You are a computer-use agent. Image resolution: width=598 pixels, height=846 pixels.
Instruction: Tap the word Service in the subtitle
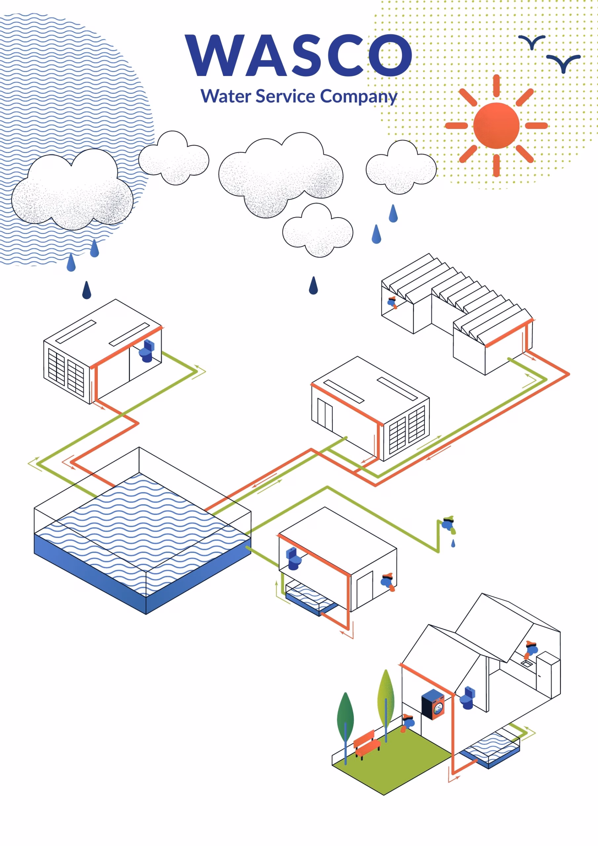coord(285,96)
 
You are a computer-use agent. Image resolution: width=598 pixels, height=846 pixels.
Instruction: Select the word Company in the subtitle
coord(358,97)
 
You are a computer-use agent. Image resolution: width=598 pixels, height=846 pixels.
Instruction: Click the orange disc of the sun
coord(496,126)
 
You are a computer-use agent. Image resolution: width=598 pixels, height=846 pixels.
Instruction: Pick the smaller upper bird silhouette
coord(532,42)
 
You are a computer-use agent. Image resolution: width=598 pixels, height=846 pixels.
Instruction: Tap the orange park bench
coord(367,743)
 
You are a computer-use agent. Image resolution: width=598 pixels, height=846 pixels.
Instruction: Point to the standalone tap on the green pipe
coord(448,524)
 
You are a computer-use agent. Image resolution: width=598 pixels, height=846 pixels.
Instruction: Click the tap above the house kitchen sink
coord(531,649)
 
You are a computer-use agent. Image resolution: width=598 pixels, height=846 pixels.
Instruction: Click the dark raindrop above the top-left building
coord(87,290)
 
